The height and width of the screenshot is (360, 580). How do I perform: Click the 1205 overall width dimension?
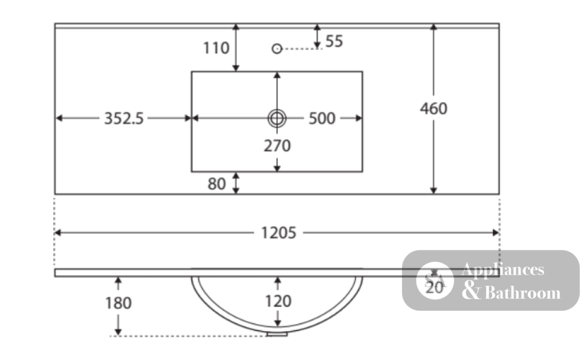point(278,233)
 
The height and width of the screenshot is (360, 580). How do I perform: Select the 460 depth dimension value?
point(433,108)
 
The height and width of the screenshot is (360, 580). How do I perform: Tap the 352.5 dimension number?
point(124,119)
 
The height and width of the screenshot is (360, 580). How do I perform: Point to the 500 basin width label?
point(322,119)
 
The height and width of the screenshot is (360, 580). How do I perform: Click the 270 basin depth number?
point(277,146)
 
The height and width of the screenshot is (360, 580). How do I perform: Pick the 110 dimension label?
point(216,48)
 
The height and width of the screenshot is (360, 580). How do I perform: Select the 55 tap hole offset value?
point(334,41)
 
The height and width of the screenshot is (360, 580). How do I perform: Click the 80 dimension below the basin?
point(216,184)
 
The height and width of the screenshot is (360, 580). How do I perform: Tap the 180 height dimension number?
point(118,303)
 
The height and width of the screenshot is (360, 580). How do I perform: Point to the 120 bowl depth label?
point(278,301)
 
